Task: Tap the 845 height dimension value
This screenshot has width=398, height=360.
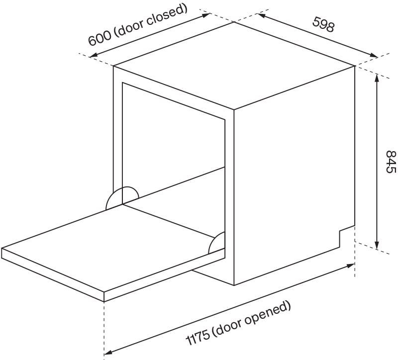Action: (391, 162)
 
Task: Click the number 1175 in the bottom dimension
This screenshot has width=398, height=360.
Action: (198, 337)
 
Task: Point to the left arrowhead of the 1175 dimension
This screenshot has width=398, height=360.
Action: (108, 353)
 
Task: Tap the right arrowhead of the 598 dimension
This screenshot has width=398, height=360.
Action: (374, 55)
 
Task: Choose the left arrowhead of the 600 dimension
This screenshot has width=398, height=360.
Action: (94, 55)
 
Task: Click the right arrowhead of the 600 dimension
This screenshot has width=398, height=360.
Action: (206, 15)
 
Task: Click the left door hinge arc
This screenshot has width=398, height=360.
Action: (122, 198)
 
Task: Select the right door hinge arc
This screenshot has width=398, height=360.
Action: (216, 243)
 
